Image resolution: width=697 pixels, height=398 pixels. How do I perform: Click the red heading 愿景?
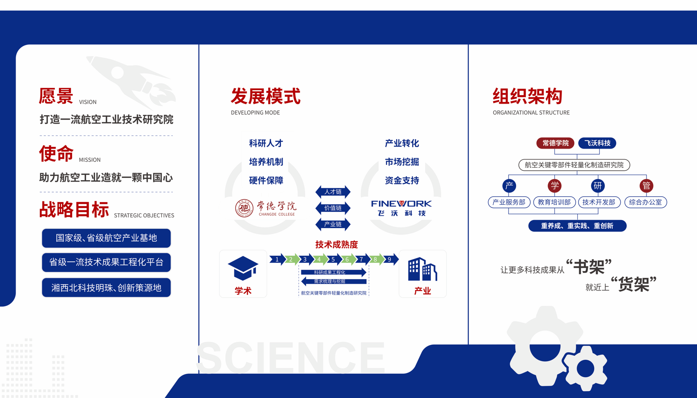tap(56, 96)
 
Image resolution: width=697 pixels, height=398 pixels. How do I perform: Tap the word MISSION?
tap(90, 160)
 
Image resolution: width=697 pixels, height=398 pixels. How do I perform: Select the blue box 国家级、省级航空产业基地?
tap(106, 238)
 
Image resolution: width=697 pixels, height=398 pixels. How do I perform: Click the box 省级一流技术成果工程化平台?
tap(106, 262)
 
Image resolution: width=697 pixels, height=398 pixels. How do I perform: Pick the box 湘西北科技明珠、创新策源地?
tap(106, 288)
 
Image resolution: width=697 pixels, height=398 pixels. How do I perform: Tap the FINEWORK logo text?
tap(402, 203)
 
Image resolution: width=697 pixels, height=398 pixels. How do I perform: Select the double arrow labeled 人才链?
tap(333, 192)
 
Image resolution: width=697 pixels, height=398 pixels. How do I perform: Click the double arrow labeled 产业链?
tap(333, 224)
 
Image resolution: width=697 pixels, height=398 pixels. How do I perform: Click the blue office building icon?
tap(422, 269)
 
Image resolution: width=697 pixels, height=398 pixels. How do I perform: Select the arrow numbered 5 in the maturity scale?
tap(333, 259)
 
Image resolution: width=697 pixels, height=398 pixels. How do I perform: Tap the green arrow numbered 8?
tap(376, 259)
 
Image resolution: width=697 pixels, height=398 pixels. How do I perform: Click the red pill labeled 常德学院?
tap(555, 143)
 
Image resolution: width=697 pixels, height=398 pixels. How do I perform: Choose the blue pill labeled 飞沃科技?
tap(597, 143)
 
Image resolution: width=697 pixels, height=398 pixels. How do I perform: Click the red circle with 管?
tap(646, 186)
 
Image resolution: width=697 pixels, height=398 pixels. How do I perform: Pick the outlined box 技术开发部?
tap(599, 202)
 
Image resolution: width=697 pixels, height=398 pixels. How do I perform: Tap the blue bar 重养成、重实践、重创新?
tap(577, 226)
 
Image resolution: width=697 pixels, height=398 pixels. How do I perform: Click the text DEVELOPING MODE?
tap(255, 113)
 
